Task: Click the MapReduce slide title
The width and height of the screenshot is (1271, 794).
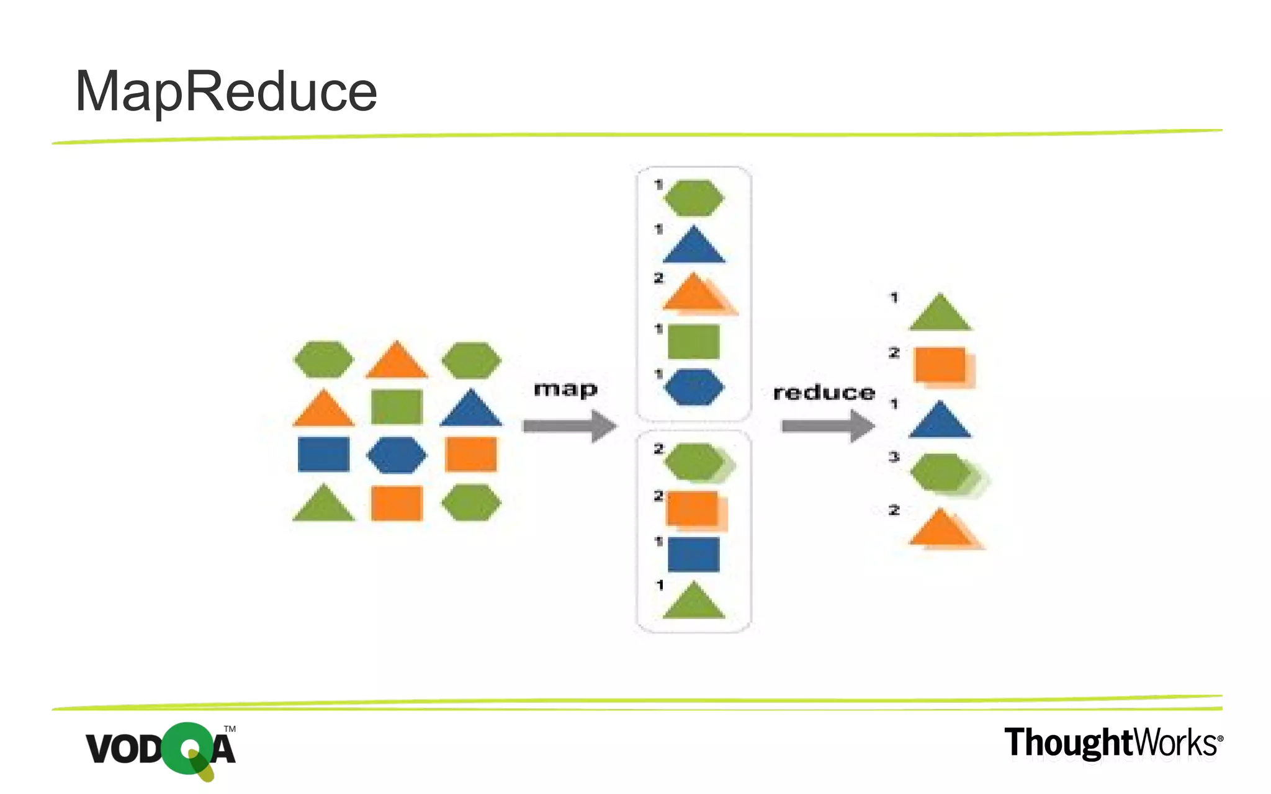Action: [x=226, y=92]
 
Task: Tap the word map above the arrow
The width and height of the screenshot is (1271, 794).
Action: [x=565, y=390]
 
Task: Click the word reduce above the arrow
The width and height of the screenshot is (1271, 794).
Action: [x=824, y=393]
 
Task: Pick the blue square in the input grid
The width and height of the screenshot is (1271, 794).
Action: [x=323, y=455]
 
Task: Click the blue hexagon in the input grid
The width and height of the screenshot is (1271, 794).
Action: [x=397, y=455]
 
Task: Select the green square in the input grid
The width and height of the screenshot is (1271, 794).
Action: [x=397, y=407]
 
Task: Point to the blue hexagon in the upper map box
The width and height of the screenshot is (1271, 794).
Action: [x=694, y=388]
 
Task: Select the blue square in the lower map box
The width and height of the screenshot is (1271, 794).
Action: [x=694, y=554]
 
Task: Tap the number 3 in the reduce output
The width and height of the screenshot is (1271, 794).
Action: [x=894, y=457]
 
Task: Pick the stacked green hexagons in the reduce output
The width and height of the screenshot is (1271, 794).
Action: [x=946, y=475]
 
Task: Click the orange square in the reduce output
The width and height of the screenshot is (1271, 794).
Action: [x=943, y=367]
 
